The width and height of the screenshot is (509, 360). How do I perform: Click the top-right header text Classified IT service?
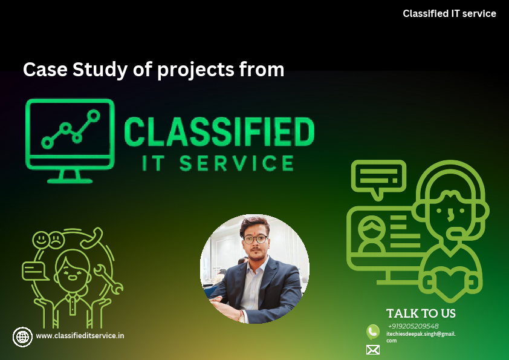pyautogui.click(x=449, y=14)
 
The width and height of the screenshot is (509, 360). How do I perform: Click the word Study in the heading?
pyautogui.click(x=99, y=70)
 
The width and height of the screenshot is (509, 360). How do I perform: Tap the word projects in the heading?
pyautogui.click(x=196, y=70)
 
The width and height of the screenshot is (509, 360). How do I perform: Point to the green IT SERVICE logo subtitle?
pyautogui.click(x=218, y=163)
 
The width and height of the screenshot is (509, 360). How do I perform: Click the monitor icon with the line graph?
pyautogui.click(x=70, y=141)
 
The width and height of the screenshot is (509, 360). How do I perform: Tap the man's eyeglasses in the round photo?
pyautogui.click(x=256, y=240)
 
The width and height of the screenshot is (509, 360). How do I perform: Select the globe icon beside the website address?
pyautogui.click(x=22, y=337)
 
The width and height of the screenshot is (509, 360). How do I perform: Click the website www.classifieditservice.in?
pyautogui.click(x=80, y=336)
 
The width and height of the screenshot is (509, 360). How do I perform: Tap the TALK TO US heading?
pyautogui.click(x=421, y=313)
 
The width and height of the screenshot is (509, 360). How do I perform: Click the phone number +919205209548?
pyautogui.click(x=413, y=326)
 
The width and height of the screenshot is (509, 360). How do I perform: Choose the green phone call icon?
pyautogui.click(x=373, y=332)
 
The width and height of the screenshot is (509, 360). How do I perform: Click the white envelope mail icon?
pyautogui.click(x=373, y=350)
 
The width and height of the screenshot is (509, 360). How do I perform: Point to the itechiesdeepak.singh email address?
pyautogui.click(x=421, y=337)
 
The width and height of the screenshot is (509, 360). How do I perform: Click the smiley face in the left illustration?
pyautogui.click(x=41, y=240)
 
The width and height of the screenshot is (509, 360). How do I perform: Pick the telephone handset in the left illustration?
pyautogui.click(x=92, y=238)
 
